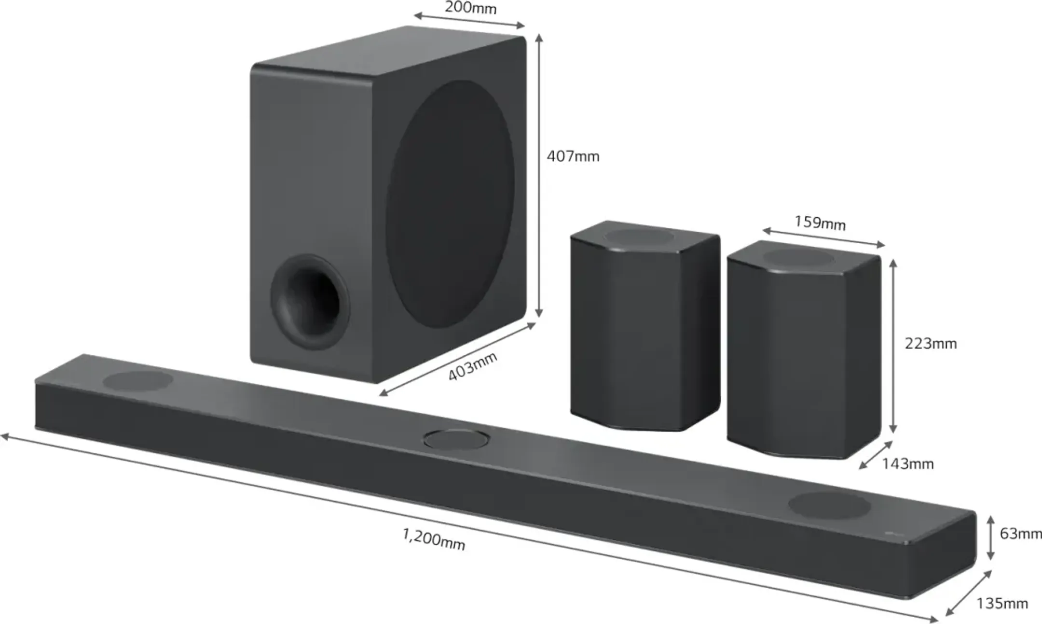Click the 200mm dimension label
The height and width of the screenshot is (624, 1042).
[470, 8]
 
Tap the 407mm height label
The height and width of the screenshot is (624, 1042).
[573, 156]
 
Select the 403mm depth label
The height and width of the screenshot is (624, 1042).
[472, 366]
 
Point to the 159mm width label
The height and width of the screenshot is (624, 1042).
[820, 223]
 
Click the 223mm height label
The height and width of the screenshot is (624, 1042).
[931, 344]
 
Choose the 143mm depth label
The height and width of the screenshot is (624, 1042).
[907, 464]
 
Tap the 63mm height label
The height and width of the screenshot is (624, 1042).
[1020, 533]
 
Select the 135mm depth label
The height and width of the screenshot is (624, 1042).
[1002, 603]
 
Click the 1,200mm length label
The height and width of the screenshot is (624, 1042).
[434, 540]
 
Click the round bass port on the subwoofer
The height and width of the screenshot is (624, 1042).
[310, 302]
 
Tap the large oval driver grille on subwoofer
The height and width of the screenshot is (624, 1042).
[450, 204]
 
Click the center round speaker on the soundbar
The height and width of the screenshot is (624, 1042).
[456, 439]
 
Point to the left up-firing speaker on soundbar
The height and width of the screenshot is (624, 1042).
[138, 381]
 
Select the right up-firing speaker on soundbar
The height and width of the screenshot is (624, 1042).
[829, 505]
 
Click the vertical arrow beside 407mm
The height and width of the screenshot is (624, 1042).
[539, 176]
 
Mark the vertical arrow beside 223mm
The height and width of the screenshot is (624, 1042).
[893, 346]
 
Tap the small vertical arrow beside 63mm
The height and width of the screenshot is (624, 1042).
[990, 538]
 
